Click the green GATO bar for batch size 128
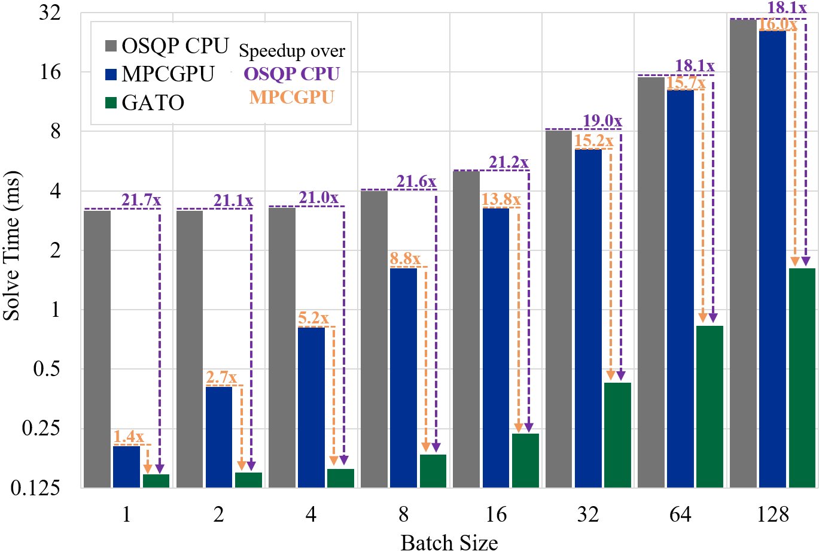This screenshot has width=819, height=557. pyautogui.click(x=802, y=377)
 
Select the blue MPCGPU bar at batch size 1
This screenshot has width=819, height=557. pyautogui.click(x=126, y=467)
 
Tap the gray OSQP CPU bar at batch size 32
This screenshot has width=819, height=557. pyautogui.click(x=559, y=308)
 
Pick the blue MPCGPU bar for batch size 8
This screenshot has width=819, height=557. pyautogui.click(x=403, y=377)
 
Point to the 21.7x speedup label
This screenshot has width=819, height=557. pyautogui.click(x=141, y=201)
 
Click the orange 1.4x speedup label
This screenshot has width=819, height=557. pyautogui.click(x=129, y=437)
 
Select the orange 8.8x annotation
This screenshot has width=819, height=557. pyautogui.click(x=405, y=259)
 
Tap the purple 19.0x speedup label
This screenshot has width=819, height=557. pyautogui.click(x=602, y=121)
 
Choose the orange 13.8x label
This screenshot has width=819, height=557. pyautogui.click(x=501, y=199)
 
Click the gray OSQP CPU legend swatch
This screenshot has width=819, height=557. pyautogui.click(x=111, y=46)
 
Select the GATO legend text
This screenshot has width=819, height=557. pyautogui.click(x=153, y=103)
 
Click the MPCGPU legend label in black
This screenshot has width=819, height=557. pyautogui.click(x=168, y=74)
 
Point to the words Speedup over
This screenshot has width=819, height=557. pyautogui.click(x=292, y=51)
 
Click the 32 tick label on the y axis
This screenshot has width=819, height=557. pyautogui.click(x=50, y=13)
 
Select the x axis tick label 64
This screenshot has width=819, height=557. pyautogui.click(x=680, y=514)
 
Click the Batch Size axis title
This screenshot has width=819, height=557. pyautogui.click(x=449, y=543)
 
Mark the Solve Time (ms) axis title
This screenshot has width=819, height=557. pyautogui.click(x=11, y=246)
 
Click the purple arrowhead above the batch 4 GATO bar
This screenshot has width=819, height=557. pyautogui.click(x=343, y=461)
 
